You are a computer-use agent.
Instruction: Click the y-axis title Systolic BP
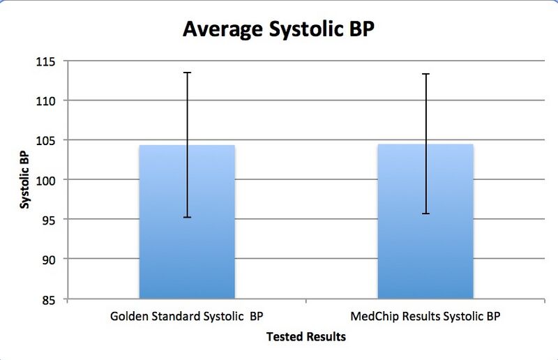[25, 180]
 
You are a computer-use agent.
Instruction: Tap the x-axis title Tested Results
[306, 337]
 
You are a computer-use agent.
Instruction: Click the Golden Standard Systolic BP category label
[187, 316]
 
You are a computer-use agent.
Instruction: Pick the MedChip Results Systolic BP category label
[425, 316]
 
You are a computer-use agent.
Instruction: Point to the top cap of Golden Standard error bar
[187, 73]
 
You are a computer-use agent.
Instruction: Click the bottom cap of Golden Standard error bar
[187, 218]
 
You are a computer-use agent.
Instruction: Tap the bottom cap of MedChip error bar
[425, 213]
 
